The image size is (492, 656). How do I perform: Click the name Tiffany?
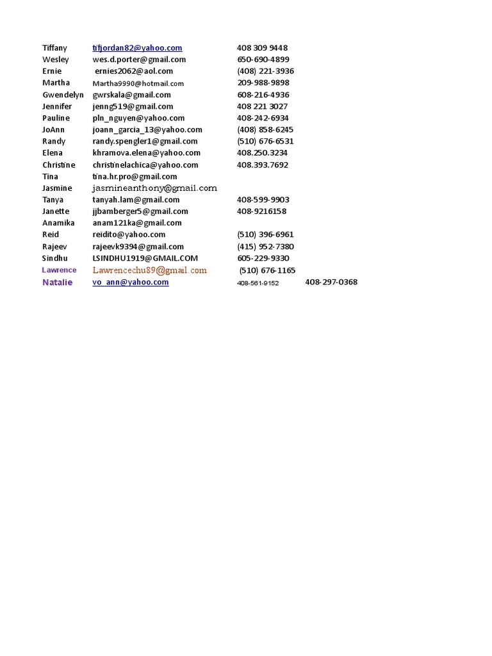tap(54, 48)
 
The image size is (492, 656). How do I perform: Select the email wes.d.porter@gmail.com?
tap(139, 60)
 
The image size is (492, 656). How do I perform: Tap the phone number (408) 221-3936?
tap(265, 71)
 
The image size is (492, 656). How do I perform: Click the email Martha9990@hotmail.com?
tap(138, 83)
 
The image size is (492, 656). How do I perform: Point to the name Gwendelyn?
tap(63, 95)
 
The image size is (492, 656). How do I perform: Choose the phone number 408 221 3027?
tap(262, 106)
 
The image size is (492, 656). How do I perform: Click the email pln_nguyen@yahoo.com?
tap(138, 118)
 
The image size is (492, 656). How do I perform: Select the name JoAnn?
tap(54, 129)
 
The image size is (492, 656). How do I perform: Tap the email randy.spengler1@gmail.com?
tap(145, 141)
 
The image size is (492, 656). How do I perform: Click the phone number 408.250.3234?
tap(262, 153)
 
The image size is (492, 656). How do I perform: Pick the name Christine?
tap(58, 165)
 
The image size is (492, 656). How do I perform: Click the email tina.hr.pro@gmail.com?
tap(135, 176)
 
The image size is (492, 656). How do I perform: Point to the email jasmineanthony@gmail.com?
tap(154, 188)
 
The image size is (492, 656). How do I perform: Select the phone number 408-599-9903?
tap(263, 200)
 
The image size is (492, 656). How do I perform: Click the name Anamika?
tap(58, 223)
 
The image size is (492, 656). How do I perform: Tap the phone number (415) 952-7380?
tap(265, 247)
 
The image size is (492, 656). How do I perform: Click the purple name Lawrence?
tap(59, 270)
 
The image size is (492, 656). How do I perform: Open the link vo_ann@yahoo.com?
tap(131, 282)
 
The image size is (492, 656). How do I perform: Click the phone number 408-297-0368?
tap(331, 282)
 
